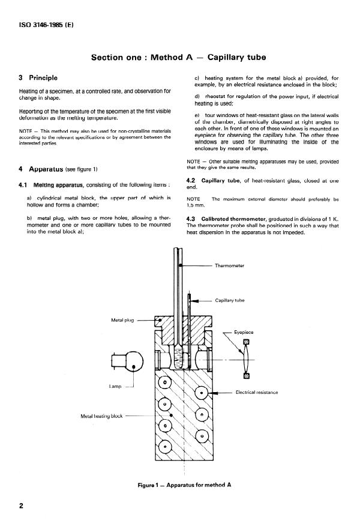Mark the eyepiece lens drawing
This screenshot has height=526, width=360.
(x=244, y=359)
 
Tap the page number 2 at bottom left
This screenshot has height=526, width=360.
(x=22, y=507)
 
